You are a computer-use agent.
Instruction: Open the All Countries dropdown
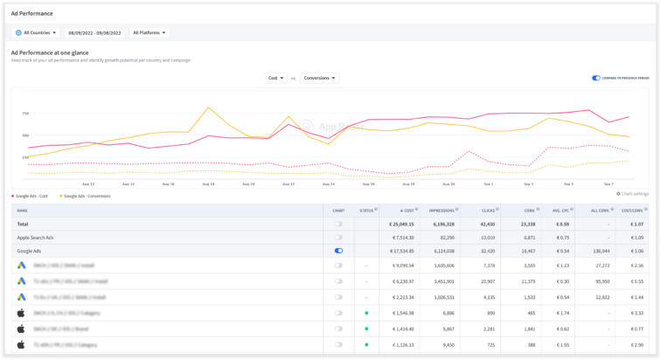click(37, 33)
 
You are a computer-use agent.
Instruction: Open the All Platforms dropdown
click(149, 33)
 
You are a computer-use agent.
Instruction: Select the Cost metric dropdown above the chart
click(275, 78)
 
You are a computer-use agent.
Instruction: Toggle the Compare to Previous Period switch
click(596, 78)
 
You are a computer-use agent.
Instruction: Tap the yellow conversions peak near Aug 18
click(208, 108)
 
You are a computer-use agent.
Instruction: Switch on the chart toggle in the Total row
click(338, 224)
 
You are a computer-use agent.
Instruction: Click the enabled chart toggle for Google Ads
click(338, 250)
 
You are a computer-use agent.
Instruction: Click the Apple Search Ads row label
click(35, 237)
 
